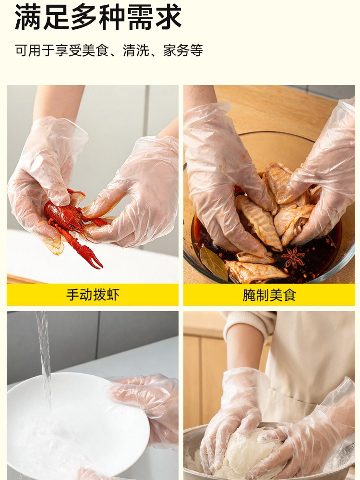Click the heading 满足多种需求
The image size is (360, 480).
[98, 17]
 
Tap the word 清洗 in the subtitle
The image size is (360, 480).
[136, 50]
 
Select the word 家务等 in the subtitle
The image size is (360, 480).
[183, 50]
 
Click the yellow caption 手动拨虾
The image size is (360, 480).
[93, 295]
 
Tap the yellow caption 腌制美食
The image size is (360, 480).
[269, 295]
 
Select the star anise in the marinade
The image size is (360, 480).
[293, 257]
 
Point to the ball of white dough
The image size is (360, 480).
[248, 453]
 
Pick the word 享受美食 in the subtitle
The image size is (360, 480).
[82, 50]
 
